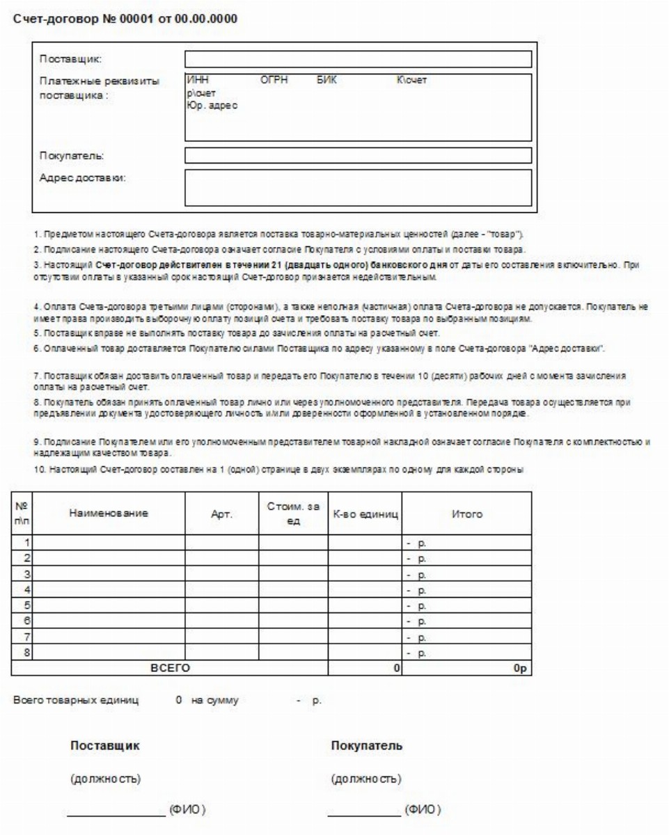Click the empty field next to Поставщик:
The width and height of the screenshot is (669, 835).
pos(358,58)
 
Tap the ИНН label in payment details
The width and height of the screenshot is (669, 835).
pos(194,80)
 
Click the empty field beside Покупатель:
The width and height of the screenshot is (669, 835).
pos(358,154)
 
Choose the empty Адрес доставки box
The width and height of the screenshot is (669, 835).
pos(358,187)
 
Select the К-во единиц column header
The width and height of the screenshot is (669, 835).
pos(365,516)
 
